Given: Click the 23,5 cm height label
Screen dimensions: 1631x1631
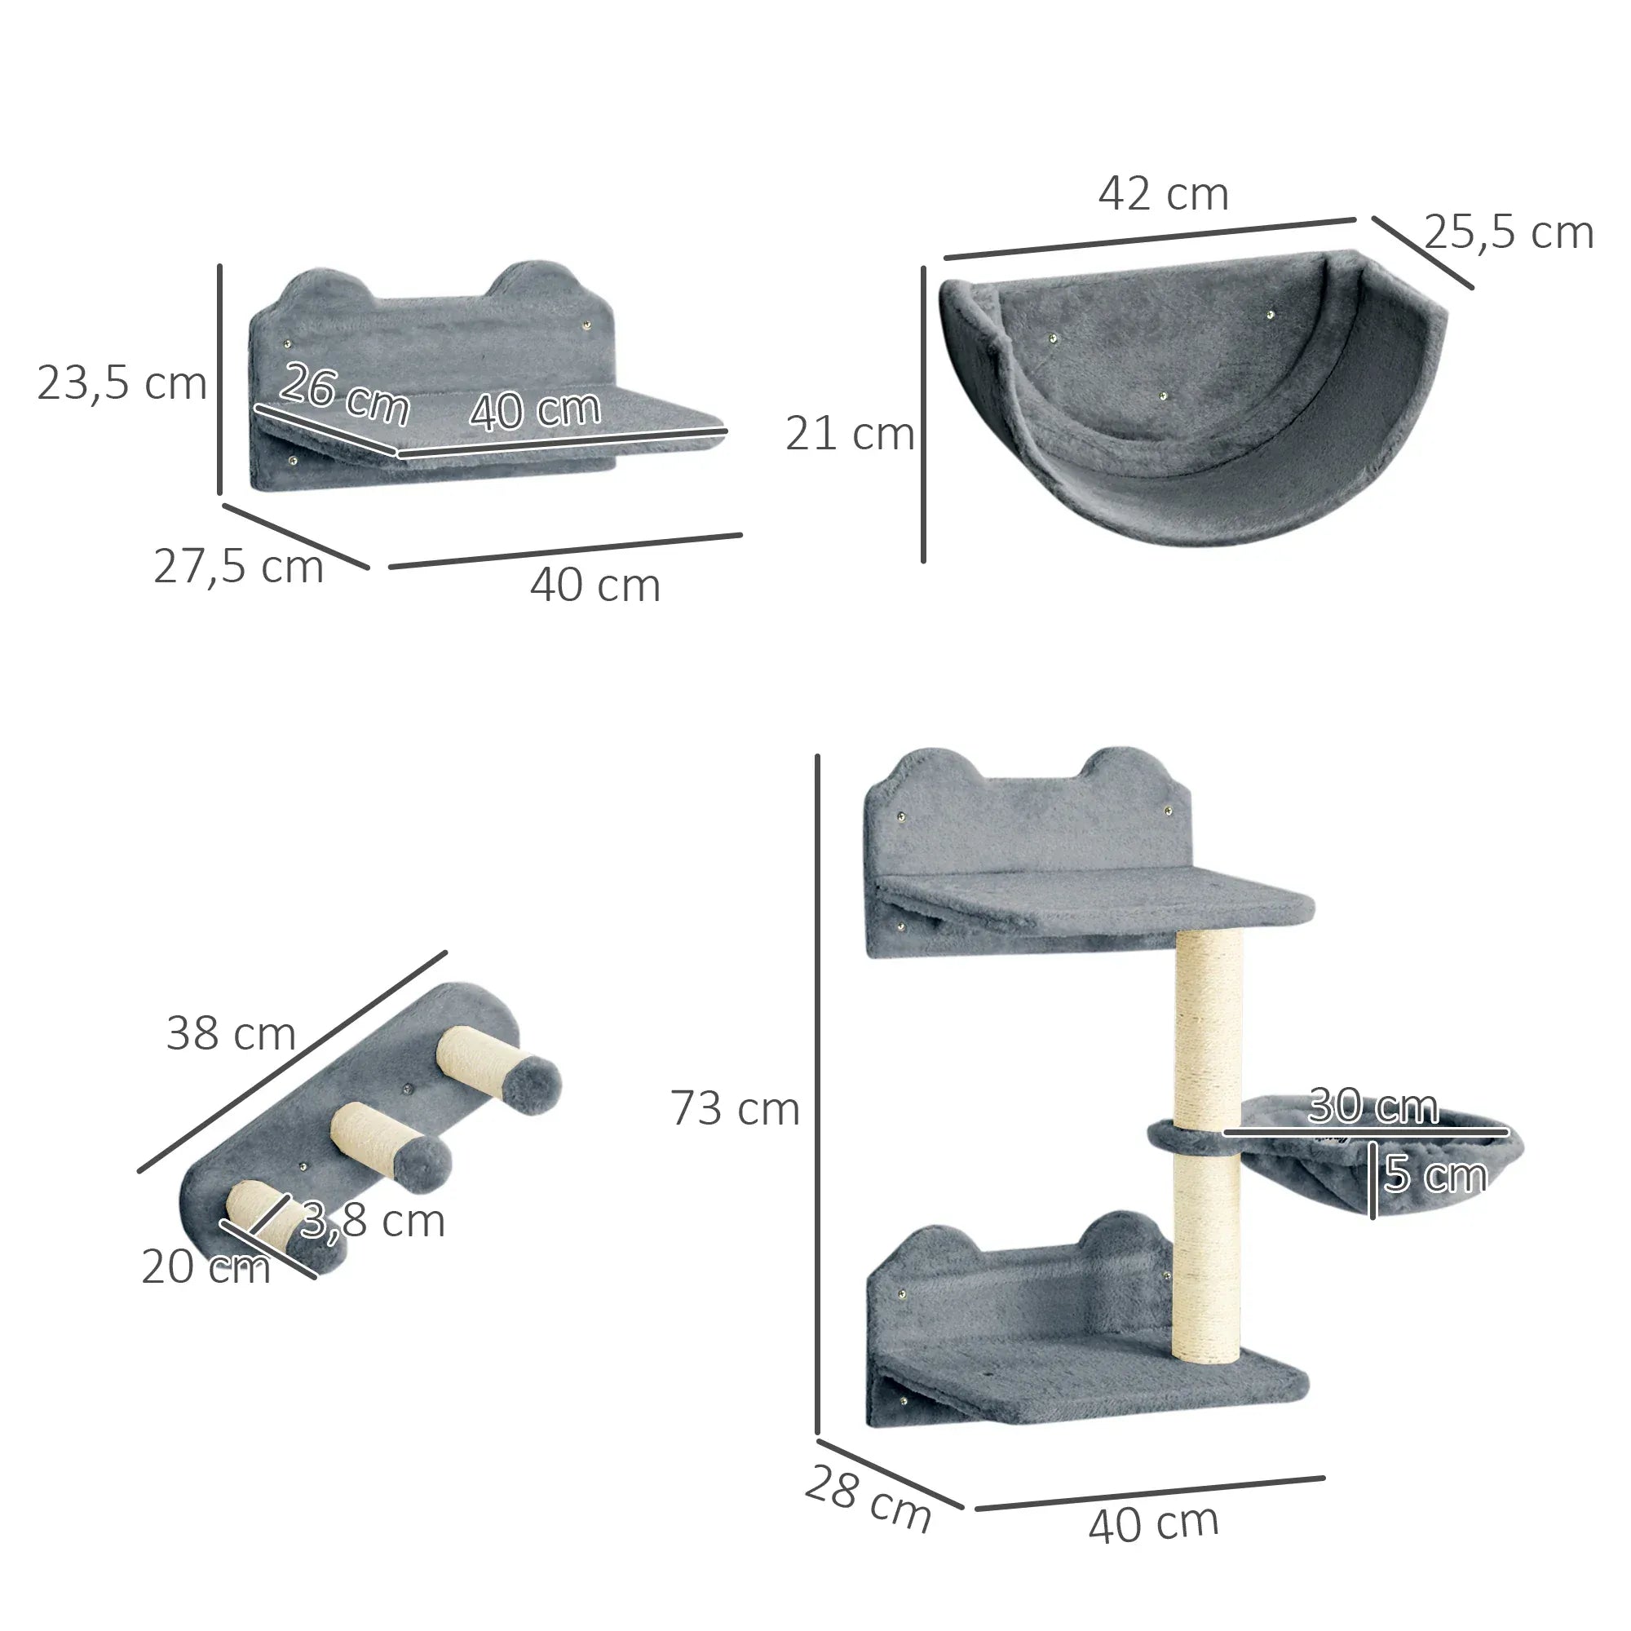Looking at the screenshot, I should pyautogui.click(x=122, y=383).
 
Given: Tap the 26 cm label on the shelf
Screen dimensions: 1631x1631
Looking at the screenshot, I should pyautogui.click(x=344, y=393).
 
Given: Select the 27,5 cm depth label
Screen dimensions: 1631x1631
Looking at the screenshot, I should pyautogui.click(x=239, y=567).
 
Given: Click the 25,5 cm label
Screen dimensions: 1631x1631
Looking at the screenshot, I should pyautogui.click(x=1508, y=233).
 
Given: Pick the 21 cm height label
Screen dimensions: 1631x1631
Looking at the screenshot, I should pyautogui.click(x=849, y=434).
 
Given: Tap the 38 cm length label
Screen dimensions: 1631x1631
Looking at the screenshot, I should pyautogui.click(x=231, y=1033).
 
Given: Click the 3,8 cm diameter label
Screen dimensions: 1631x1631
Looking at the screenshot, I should pyautogui.click(x=373, y=1221).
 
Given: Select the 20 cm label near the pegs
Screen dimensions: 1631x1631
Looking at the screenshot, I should pyautogui.click(x=206, y=1267).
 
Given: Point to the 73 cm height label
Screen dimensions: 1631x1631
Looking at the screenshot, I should pyautogui.click(x=735, y=1108).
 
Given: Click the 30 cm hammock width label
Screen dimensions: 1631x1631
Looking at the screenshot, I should pyautogui.click(x=1372, y=1106).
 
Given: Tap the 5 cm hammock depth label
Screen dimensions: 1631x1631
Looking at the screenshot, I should pyautogui.click(x=1435, y=1174).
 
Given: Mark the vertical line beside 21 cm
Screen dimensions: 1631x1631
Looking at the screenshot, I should pyautogui.click(x=924, y=413).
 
